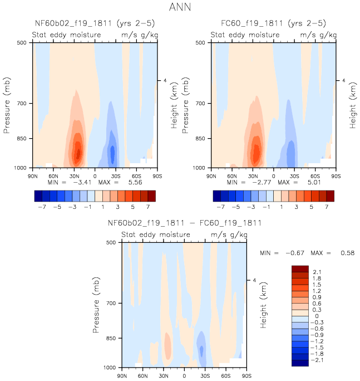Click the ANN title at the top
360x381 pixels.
pos(180,7)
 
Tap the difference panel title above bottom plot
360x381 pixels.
pos(184,223)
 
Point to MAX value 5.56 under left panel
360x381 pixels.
pos(140,182)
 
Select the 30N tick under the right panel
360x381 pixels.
pos(253,175)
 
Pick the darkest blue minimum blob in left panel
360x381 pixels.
pos(113,152)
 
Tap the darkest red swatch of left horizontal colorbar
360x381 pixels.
pos(151,196)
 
